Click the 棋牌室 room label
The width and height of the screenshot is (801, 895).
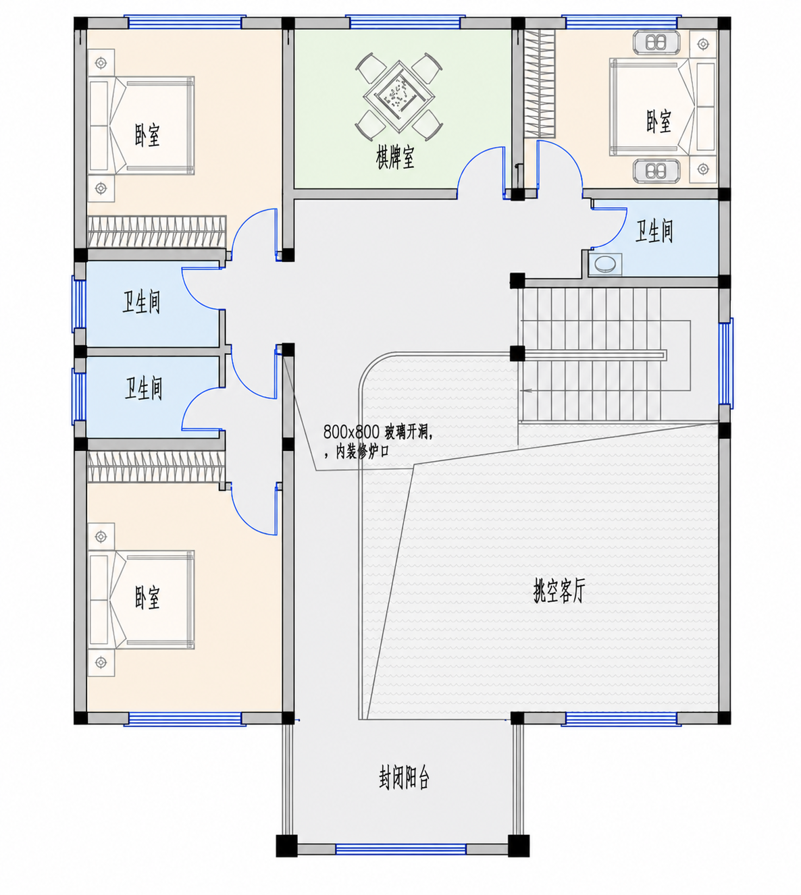click(x=395, y=158)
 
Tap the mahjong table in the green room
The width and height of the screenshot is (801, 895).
click(x=398, y=97)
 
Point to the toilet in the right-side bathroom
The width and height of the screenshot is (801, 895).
click(x=604, y=264)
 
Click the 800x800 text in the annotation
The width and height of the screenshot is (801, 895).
click(x=351, y=431)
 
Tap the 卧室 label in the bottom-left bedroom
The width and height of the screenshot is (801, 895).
click(x=147, y=598)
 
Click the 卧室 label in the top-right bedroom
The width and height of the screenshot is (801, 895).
click(x=658, y=121)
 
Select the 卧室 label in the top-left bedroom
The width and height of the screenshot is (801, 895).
click(x=147, y=135)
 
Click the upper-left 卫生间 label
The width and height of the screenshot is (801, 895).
click(x=141, y=302)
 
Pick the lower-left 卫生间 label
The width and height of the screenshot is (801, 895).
click(x=144, y=388)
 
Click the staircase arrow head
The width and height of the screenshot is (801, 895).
click(x=526, y=391)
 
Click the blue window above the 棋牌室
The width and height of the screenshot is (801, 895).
click(x=405, y=22)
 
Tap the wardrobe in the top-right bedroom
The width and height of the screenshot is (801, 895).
click(x=540, y=84)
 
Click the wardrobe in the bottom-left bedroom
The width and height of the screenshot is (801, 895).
click(x=156, y=467)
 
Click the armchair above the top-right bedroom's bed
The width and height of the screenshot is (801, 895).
click(x=656, y=43)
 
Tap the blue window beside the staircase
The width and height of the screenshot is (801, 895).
click(x=725, y=363)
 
